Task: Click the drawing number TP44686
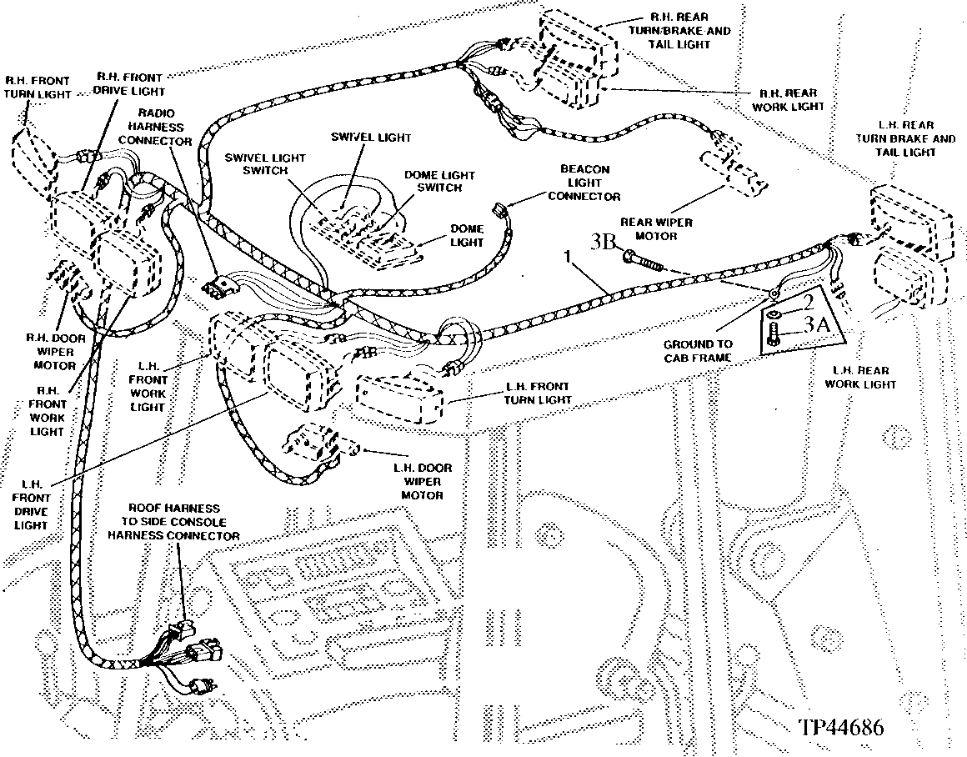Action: click(841, 727)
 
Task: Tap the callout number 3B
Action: click(604, 241)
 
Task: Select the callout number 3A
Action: click(816, 323)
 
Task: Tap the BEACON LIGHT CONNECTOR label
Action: click(584, 183)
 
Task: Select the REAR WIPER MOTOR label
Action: click(656, 229)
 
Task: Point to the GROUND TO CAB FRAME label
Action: click(698, 351)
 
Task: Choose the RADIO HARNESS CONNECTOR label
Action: click(155, 127)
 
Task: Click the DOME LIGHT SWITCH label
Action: click(439, 182)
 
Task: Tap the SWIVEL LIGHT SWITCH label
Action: click(265, 163)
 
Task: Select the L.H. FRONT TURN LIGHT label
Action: click(538, 393)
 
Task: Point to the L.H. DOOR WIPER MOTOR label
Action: click(422, 481)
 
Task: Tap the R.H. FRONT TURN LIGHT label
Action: click(38, 87)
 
